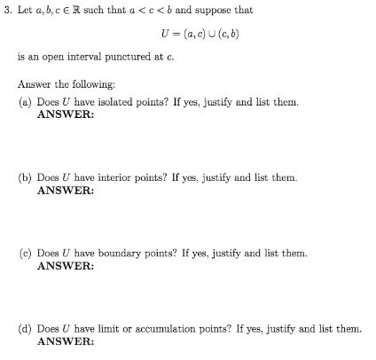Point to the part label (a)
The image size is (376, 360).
[x=26, y=102]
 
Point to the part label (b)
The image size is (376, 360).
[x=26, y=177]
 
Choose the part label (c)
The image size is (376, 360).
[x=26, y=253]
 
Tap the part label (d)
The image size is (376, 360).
[x=26, y=328]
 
